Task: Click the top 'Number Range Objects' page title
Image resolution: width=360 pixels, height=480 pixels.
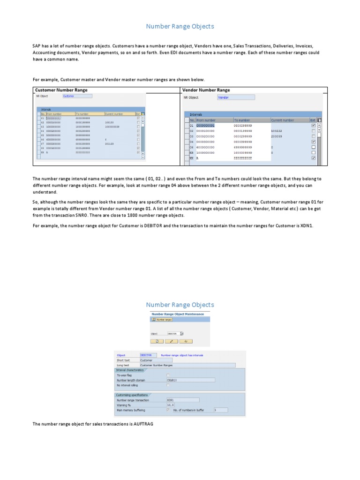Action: [180, 26]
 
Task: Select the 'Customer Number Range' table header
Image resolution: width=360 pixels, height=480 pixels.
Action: [61, 90]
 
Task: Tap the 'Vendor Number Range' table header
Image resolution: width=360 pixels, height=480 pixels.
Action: [206, 90]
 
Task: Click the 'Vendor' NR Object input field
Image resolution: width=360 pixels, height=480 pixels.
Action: [236, 97]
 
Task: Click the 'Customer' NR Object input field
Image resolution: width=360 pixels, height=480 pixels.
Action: [77, 96]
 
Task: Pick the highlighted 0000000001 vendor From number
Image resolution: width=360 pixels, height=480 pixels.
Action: [205, 126]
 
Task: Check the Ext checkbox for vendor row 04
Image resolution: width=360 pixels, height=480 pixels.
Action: [314, 142]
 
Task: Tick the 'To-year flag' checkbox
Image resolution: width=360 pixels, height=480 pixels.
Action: [168, 375]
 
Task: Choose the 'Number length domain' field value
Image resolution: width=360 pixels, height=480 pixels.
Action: [191, 380]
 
